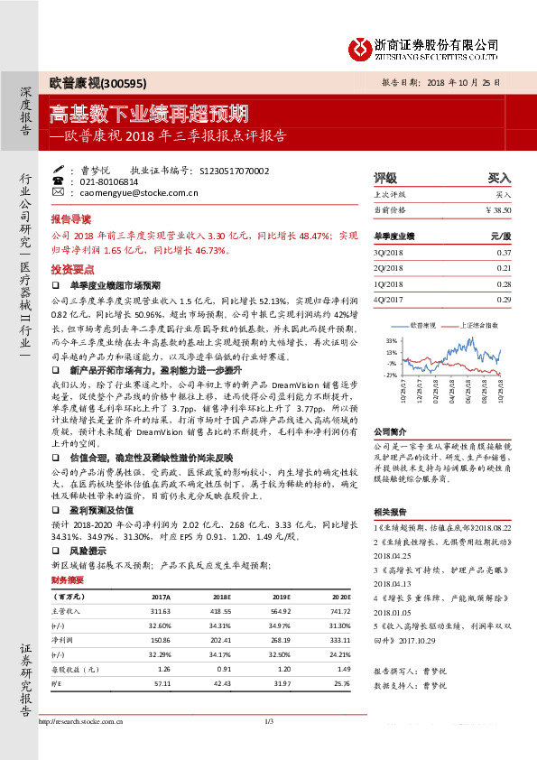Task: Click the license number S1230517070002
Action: pos(234,170)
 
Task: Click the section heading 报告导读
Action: pos(71,219)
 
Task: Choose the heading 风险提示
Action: pos(88,550)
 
